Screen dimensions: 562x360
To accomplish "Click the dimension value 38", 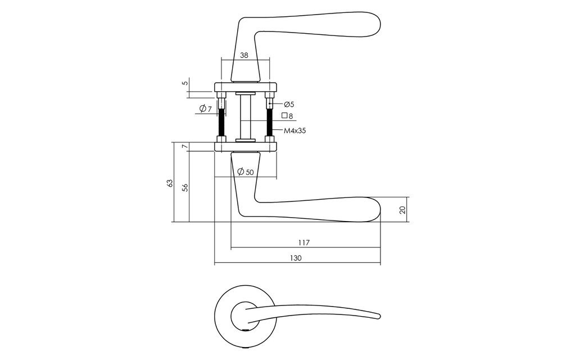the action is (x=244, y=55).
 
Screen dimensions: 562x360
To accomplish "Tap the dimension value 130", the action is (x=296, y=258).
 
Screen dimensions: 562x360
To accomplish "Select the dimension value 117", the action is (x=303, y=243).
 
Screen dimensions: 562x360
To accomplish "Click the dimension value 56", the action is (x=185, y=187).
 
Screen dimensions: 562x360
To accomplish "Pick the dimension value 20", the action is (x=402, y=210).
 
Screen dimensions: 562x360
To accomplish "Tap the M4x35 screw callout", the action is (x=294, y=131).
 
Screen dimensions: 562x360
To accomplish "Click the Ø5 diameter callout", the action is (x=289, y=104).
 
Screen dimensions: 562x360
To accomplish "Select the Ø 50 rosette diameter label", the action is (x=246, y=172).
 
